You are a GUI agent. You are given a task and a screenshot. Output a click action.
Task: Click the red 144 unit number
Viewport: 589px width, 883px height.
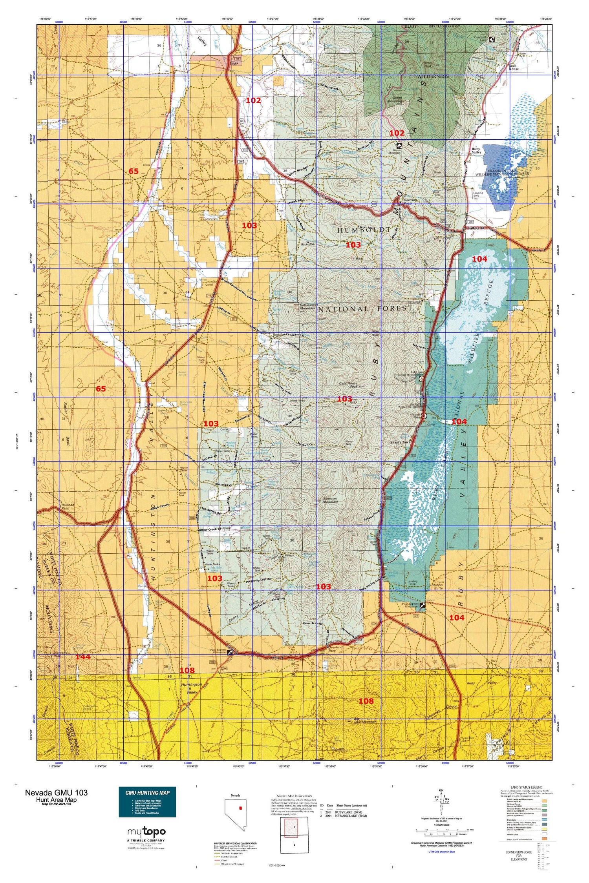click(x=83, y=657)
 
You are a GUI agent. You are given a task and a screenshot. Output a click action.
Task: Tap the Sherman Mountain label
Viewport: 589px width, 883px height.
click(x=330, y=500)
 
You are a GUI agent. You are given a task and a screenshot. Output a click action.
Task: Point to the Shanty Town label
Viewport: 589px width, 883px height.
click(x=400, y=442)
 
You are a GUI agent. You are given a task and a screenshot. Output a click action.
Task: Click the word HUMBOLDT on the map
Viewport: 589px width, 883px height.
click(x=364, y=230)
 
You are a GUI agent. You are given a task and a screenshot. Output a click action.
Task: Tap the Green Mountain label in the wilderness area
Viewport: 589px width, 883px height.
click(x=392, y=100)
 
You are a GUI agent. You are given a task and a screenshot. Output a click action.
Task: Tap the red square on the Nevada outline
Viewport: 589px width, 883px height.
click(x=240, y=808)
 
